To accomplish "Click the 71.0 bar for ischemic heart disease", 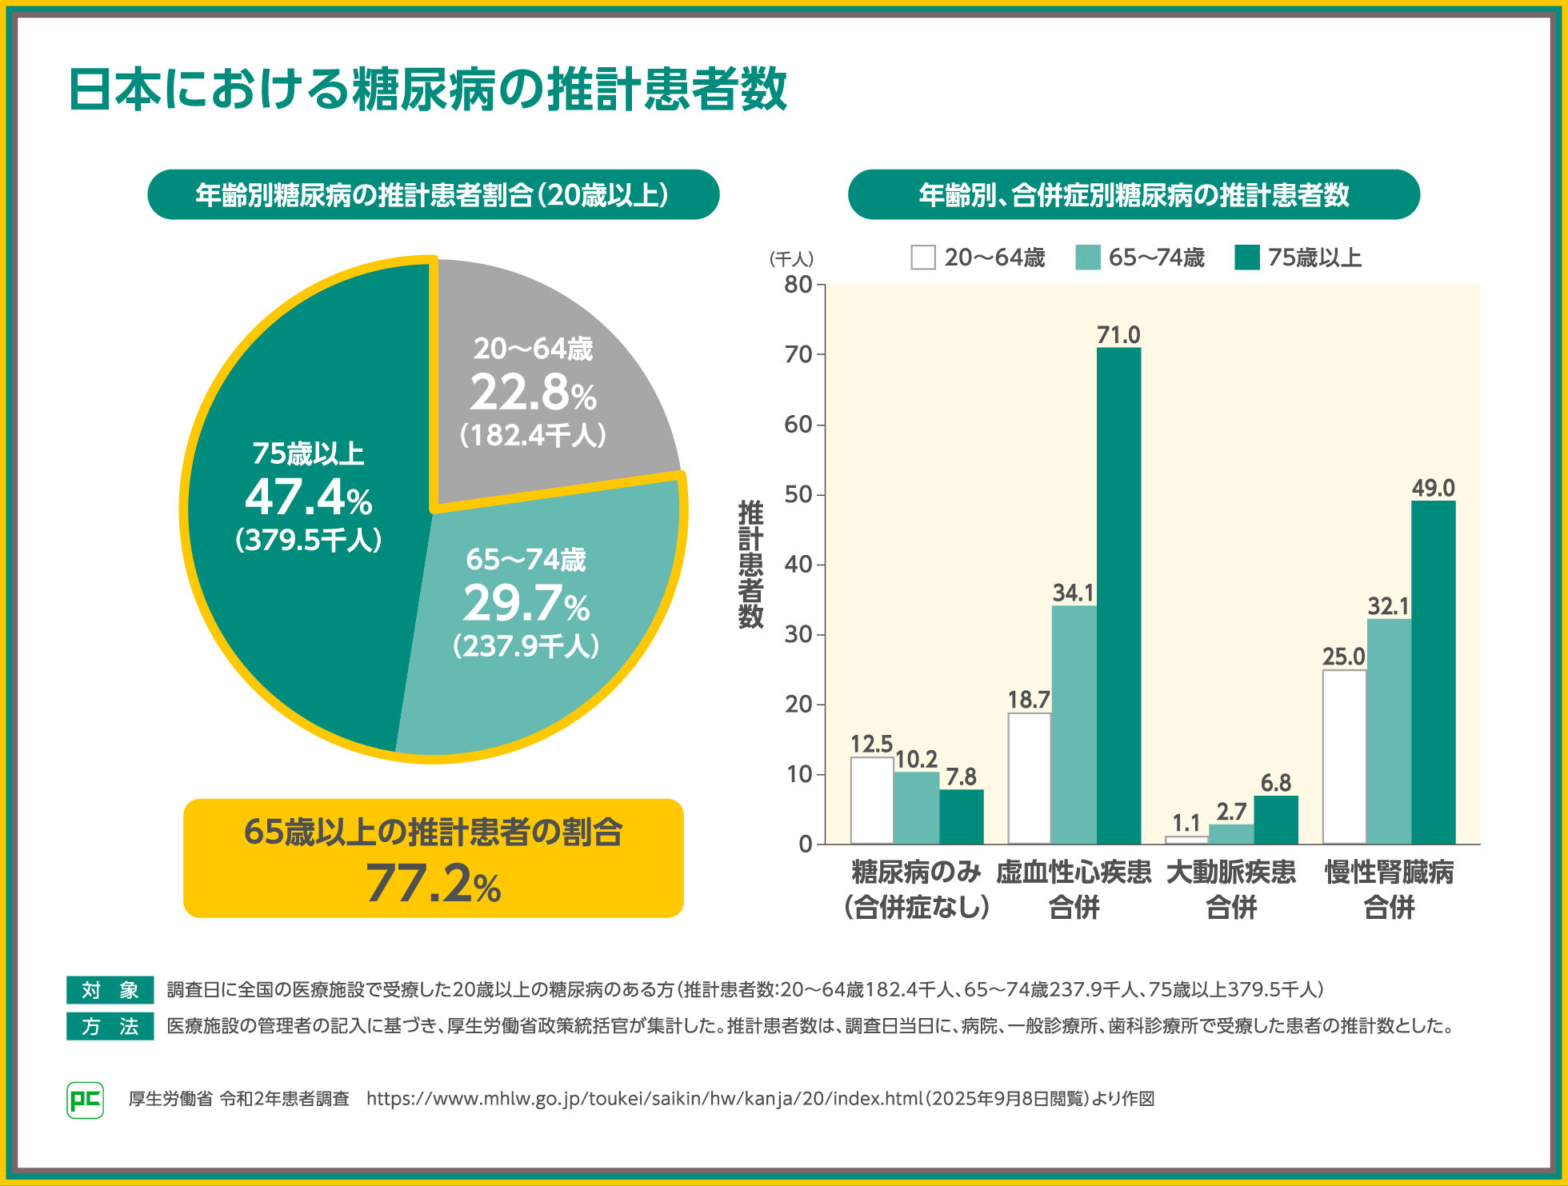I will coord(1118,596).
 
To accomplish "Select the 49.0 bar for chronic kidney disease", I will coord(1433,672).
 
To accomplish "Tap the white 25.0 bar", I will coord(1344,757).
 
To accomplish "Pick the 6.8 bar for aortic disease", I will coord(1275,820).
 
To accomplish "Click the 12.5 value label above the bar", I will coord(871,745).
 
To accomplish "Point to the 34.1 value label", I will coord(1073,593).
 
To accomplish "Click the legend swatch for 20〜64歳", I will coord(923,258).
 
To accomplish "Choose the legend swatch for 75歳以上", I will coord(1247,258).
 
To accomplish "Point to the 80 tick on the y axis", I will coord(798,285).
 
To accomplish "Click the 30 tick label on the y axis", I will coord(798,635).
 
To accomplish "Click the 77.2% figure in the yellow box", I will coord(434,884).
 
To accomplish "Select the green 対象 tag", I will coord(110,990).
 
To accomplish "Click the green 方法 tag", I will coord(110,1026).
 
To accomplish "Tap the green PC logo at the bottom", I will coord(85,1100).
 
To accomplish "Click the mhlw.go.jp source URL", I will coord(645,1099).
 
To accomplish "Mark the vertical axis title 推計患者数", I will coord(750,564).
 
